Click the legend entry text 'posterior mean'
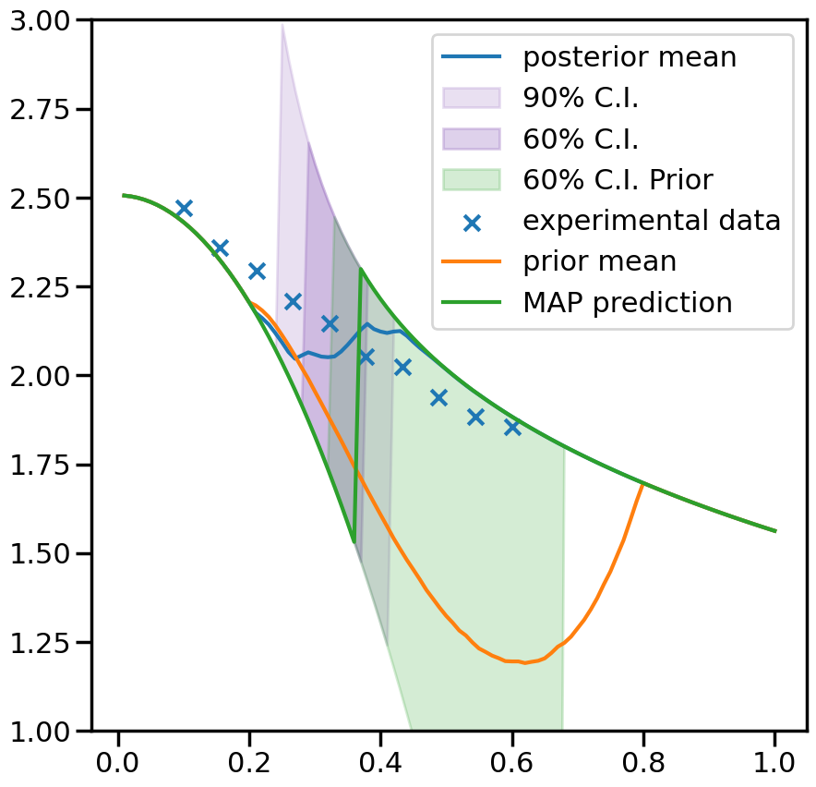click(x=630, y=57)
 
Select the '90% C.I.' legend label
click(x=581, y=98)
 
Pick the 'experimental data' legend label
click(x=652, y=221)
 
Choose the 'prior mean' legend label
click(x=600, y=261)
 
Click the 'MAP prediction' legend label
click(x=628, y=302)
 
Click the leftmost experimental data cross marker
click(x=184, y=208)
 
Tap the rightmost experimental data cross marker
click(x=512, y=427)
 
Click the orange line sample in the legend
click(x=472, y=261)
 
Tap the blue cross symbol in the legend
click(x=472, y=222)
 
